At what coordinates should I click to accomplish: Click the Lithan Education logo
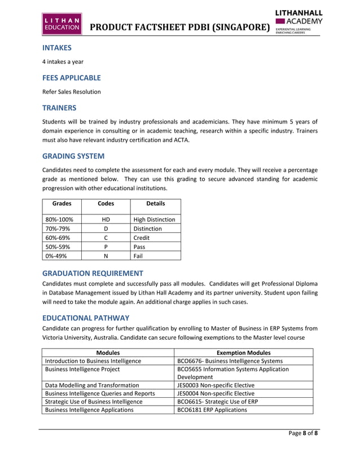coord(62,24)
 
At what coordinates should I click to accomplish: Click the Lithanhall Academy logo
coord(298,21)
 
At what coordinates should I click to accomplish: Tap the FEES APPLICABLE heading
coord(72,78)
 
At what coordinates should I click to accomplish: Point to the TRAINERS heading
coord(59,107)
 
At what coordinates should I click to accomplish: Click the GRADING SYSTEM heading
coord(73,156)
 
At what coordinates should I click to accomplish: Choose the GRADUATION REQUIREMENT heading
coord(93,273)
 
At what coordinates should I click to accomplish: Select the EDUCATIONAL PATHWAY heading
coord(86,318)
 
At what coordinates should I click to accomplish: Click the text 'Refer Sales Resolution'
coord(72,91)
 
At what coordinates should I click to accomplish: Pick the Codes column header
coord(106,203)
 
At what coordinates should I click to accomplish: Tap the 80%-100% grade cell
coord(59,219)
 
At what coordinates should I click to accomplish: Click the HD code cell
coord(106,219)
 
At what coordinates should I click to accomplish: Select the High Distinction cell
coord(154,219)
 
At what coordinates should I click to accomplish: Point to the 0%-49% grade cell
coord(57,255)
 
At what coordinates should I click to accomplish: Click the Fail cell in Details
coord(138,255)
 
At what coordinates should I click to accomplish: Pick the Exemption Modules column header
coord(243,352)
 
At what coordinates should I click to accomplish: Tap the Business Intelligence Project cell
coord(82,370)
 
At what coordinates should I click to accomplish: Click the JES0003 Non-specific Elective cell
coord(216,385)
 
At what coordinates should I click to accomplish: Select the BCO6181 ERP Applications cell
coord(212,410)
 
